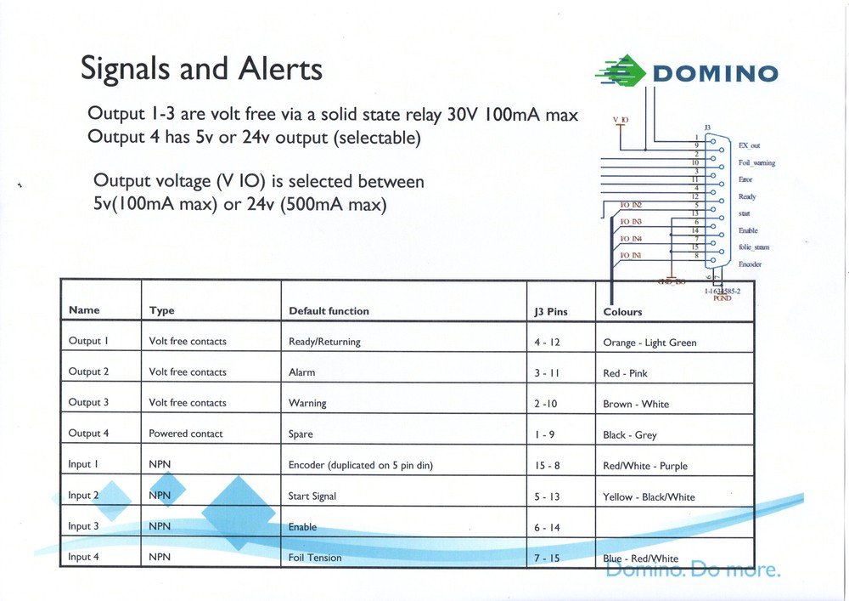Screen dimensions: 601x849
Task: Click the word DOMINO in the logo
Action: [x=715, y=73]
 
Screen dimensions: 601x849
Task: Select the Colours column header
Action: [x=622, y=312]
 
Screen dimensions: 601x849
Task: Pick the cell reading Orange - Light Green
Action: [x=649, y=343]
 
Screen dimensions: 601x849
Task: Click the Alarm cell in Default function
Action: [x=302, y=372]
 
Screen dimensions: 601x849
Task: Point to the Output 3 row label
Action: [x=89, y=403]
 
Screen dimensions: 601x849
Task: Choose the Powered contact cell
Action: [x=186, y=434]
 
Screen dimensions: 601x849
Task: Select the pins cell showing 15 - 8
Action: [x=547, y=466]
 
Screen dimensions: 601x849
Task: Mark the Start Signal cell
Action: [x=312, y=496]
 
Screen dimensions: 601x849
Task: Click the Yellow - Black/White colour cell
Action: [x=649, y=497]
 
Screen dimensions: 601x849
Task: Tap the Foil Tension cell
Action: [x=315, y=558]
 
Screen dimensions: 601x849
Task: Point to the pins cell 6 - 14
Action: [x=547, y=528]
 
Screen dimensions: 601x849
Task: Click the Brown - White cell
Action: [x=636, y=405]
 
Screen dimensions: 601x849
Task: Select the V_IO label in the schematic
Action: [x=621, y=120]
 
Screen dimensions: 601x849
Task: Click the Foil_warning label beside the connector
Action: [x=756, y=163]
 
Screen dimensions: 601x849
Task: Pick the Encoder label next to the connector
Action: [x=750, y=264]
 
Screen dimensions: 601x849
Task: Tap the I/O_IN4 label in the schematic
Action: [x=631, y=239]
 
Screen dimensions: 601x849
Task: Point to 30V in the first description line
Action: [x=464, y=115]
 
